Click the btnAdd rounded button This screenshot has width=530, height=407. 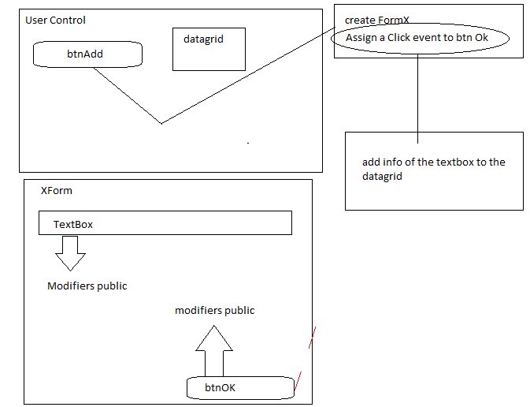click(87, 54)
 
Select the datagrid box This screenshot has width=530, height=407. click(209, 49)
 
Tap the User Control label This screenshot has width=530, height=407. click(55, 20)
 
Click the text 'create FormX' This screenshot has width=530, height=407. click(376, 19)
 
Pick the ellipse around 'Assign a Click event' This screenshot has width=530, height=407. click(420, 39)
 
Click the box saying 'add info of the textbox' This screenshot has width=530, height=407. click(433, 170)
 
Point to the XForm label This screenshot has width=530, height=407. click(56, 191)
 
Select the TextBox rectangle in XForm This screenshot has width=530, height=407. click(165, 223)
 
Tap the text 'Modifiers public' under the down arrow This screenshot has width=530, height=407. click(87, 286)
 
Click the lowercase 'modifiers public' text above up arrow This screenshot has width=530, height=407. click(214, 310)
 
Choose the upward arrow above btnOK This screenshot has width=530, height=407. click(213, 350)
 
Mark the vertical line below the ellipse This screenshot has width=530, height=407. click(417, 95)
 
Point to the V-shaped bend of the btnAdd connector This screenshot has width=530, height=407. click(161, 123)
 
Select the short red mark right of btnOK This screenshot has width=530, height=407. click(297, 382)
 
